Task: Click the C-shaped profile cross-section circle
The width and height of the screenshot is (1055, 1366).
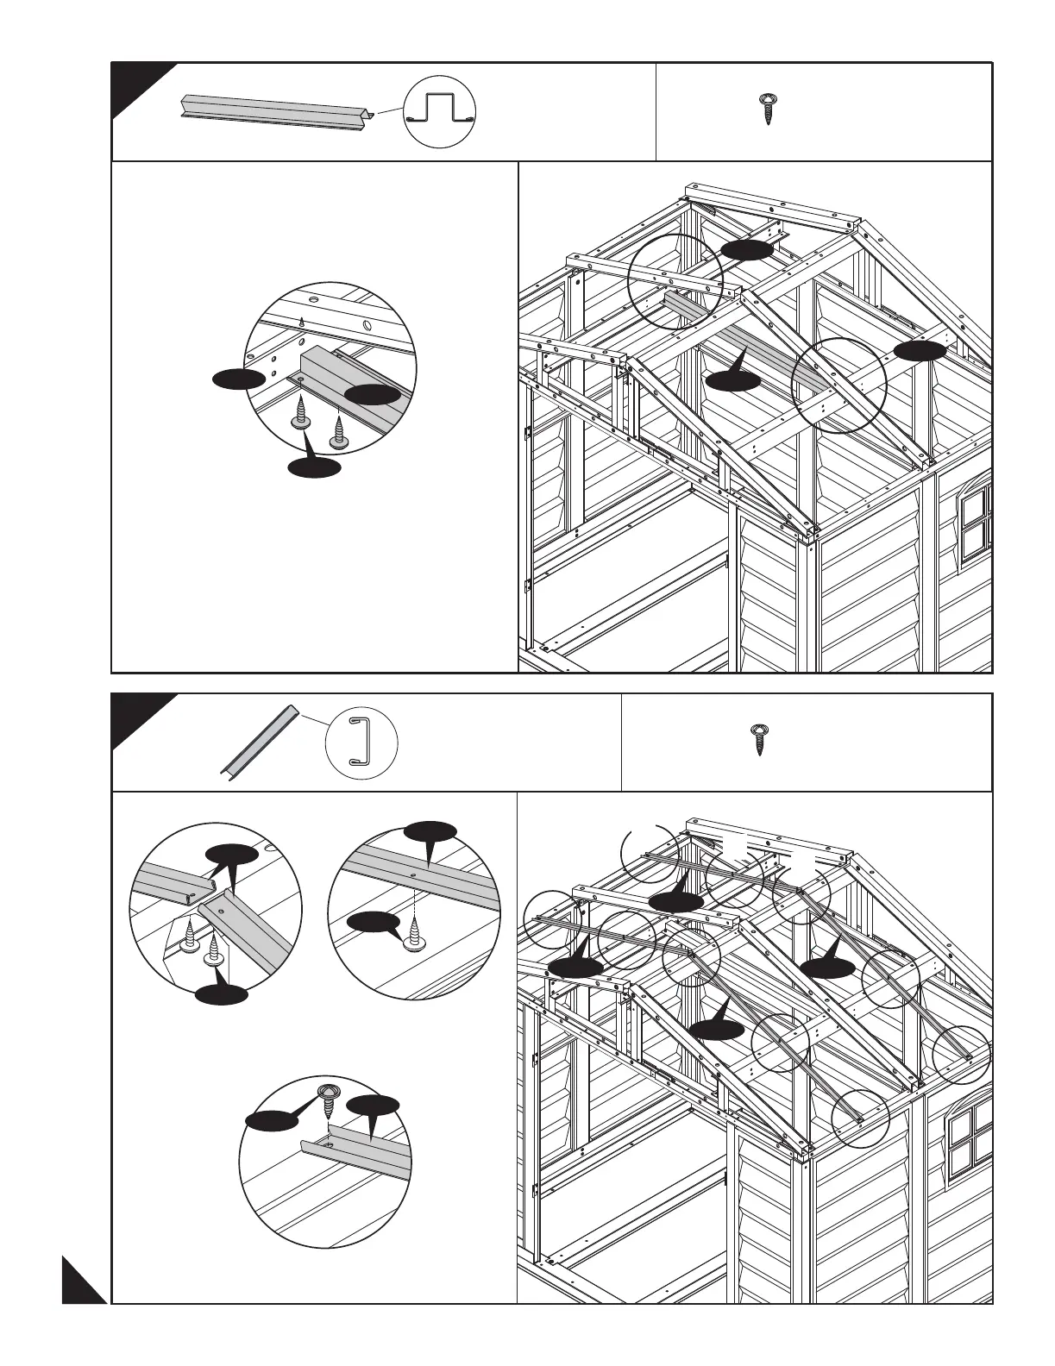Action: pos(361,741)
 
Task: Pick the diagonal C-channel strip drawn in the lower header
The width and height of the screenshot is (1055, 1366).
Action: pos(258,740)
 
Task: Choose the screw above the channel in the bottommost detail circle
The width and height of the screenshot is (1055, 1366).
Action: pos(329,1096)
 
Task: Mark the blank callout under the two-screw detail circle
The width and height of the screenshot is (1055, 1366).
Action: pos(222,993)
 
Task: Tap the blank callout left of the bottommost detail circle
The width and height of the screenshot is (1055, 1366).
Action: pos(270,1119)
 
